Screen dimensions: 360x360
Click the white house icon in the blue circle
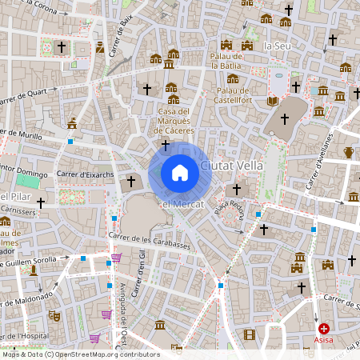coord(180,173)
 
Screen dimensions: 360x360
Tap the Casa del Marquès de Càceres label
coord(173,121)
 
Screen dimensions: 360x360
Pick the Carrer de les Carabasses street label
coord(150,242)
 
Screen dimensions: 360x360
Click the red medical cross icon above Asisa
coord(324,328)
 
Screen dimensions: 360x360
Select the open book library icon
coord(272,101)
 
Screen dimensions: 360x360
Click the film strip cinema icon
coord(250,334)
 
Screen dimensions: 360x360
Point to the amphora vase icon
coord(349,152)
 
